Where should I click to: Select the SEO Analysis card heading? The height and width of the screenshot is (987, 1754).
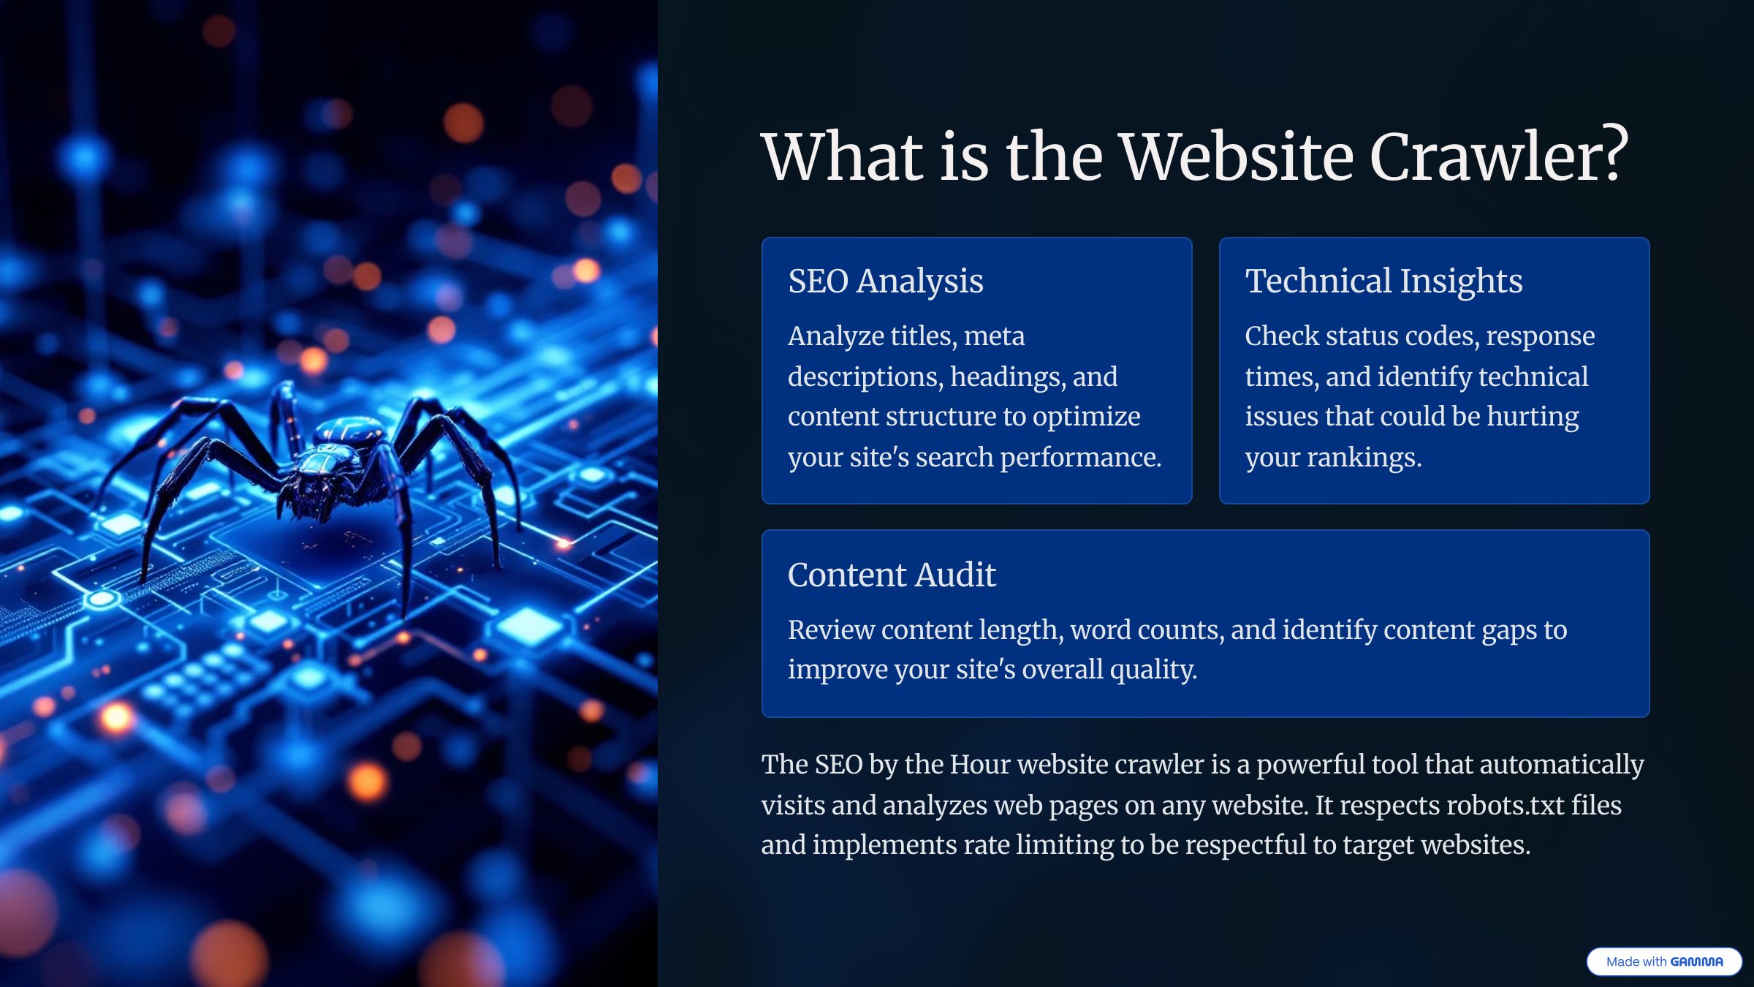click(886, 281)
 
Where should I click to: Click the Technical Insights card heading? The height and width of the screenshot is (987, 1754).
click(1383, 281)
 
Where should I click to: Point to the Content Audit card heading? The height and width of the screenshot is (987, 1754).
click(892, 575)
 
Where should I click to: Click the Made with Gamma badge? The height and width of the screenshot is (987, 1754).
click(1664, 961)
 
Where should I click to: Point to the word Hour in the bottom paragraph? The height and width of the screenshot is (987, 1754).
click(979, 765)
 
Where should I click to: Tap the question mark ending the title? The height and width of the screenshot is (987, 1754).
click(1614, 154)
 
